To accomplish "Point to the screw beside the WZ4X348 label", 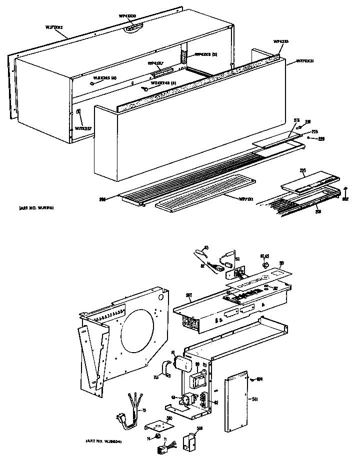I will click(x=145, y=89).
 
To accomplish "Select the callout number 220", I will click(x=321, y=139).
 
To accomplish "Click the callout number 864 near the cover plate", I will click(x=259, y=384).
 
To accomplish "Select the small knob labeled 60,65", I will click(x=265, y=263).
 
